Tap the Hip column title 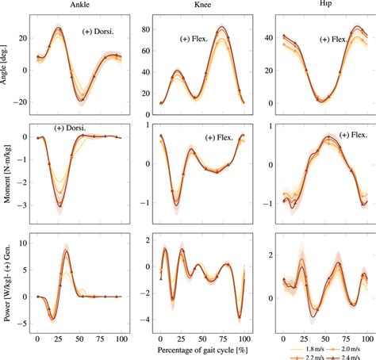point(326,6)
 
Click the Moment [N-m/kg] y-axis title point(7,174)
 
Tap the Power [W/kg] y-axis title point(7,284)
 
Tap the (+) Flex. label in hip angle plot point(337,39)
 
